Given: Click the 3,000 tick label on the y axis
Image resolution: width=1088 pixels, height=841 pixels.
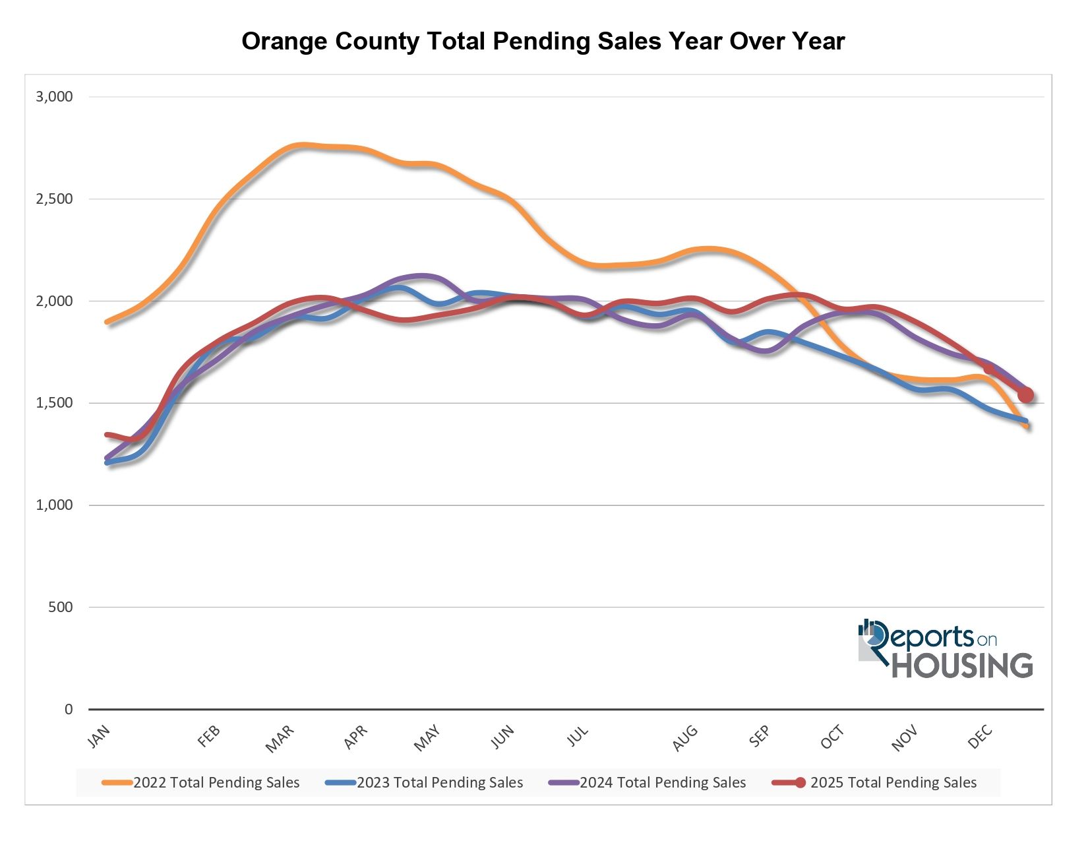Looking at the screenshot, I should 54,97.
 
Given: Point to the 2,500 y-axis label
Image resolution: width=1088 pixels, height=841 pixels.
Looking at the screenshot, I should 54,199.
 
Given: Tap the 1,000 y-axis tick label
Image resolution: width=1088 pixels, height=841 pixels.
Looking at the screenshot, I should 54,505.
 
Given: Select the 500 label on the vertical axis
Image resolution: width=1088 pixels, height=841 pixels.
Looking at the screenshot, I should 60,607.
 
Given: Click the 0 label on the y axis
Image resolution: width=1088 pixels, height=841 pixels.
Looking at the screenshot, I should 69,710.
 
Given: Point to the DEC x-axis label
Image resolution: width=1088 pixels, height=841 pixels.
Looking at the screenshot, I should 980,737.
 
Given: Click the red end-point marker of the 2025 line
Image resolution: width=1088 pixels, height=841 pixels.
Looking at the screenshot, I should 1025,395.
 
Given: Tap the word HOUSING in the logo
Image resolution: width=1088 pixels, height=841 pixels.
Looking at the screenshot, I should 962,665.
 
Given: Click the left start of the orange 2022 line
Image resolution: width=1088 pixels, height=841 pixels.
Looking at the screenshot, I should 107,322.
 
